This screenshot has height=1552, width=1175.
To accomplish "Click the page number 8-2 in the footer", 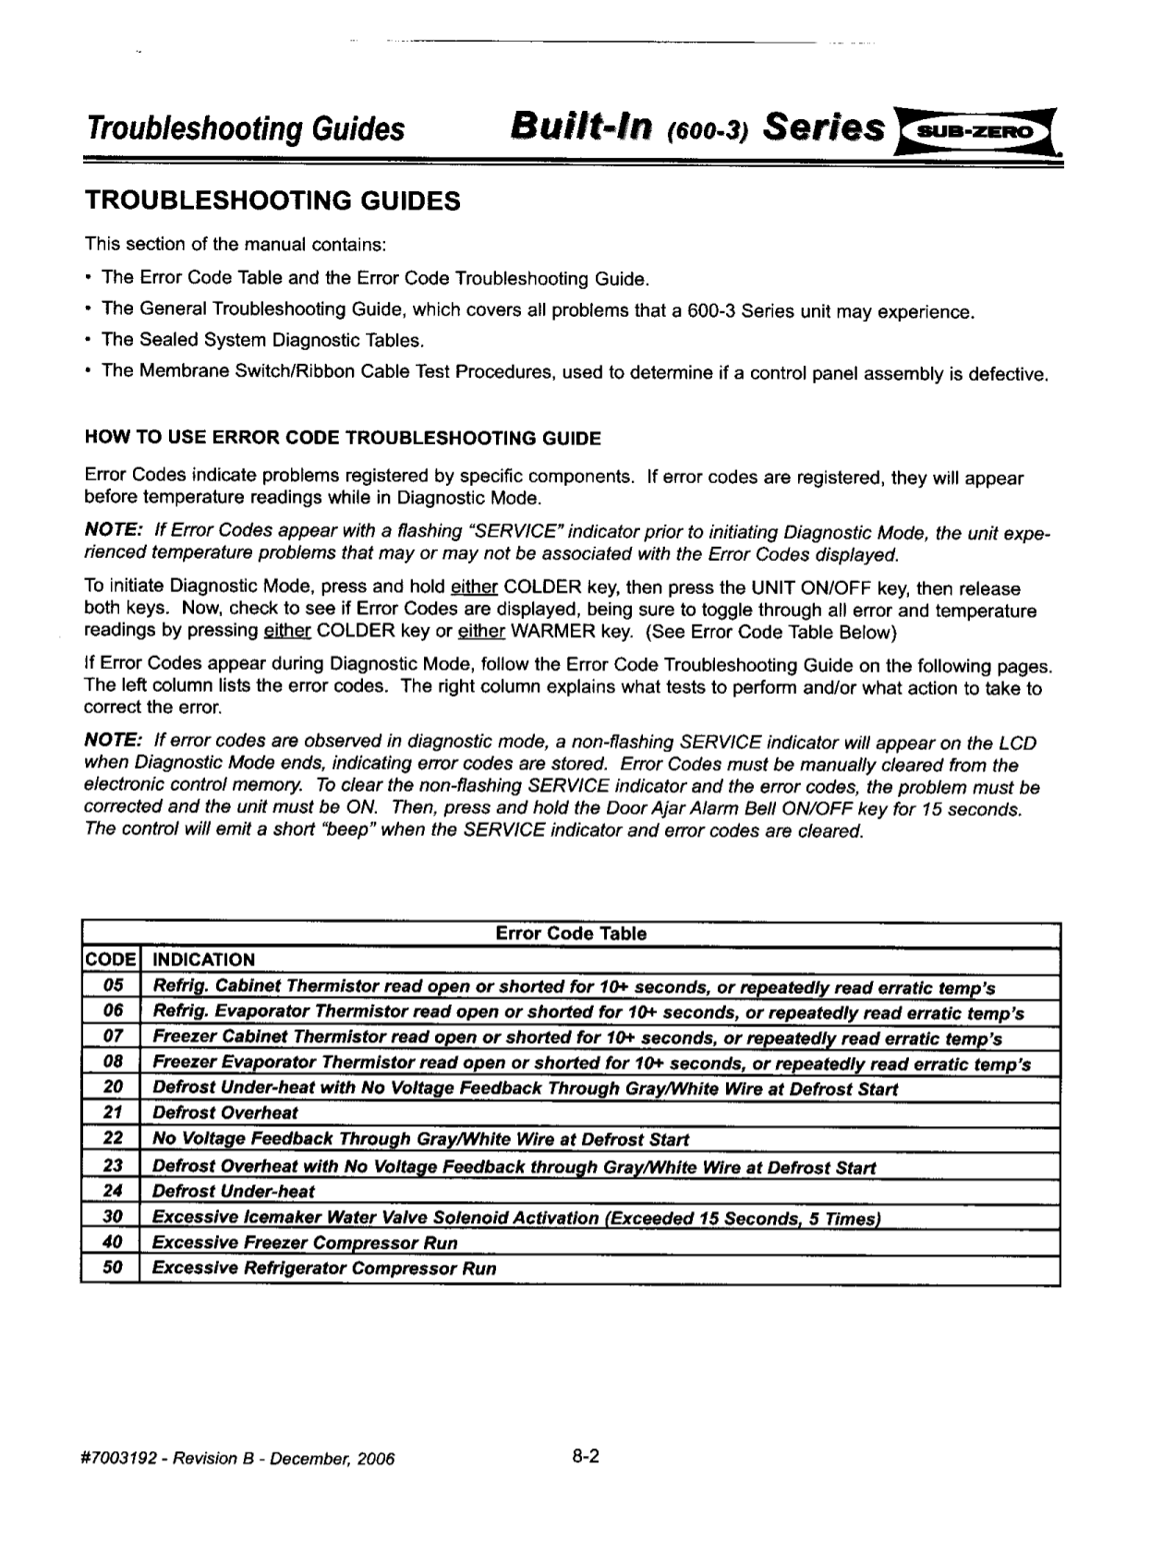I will click(586, 1457).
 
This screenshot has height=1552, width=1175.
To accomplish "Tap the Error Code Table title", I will click(571, 933).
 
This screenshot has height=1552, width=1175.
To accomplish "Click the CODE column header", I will click(111, 960).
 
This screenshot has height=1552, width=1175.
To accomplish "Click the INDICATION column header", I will click(203, 960).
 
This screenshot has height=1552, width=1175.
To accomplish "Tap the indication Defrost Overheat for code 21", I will click(225, 1113).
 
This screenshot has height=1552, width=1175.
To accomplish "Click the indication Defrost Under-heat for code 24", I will click(233, 1192).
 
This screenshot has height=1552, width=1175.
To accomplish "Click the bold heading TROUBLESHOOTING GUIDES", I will click(273, 200).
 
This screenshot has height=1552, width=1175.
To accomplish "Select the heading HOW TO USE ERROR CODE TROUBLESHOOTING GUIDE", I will click(343, 438).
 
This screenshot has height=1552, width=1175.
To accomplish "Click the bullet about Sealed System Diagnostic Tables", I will click(262, 340).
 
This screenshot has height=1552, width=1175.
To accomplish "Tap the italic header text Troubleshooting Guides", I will click(245, 129).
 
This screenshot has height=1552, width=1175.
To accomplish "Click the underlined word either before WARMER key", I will click(481, 632).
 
